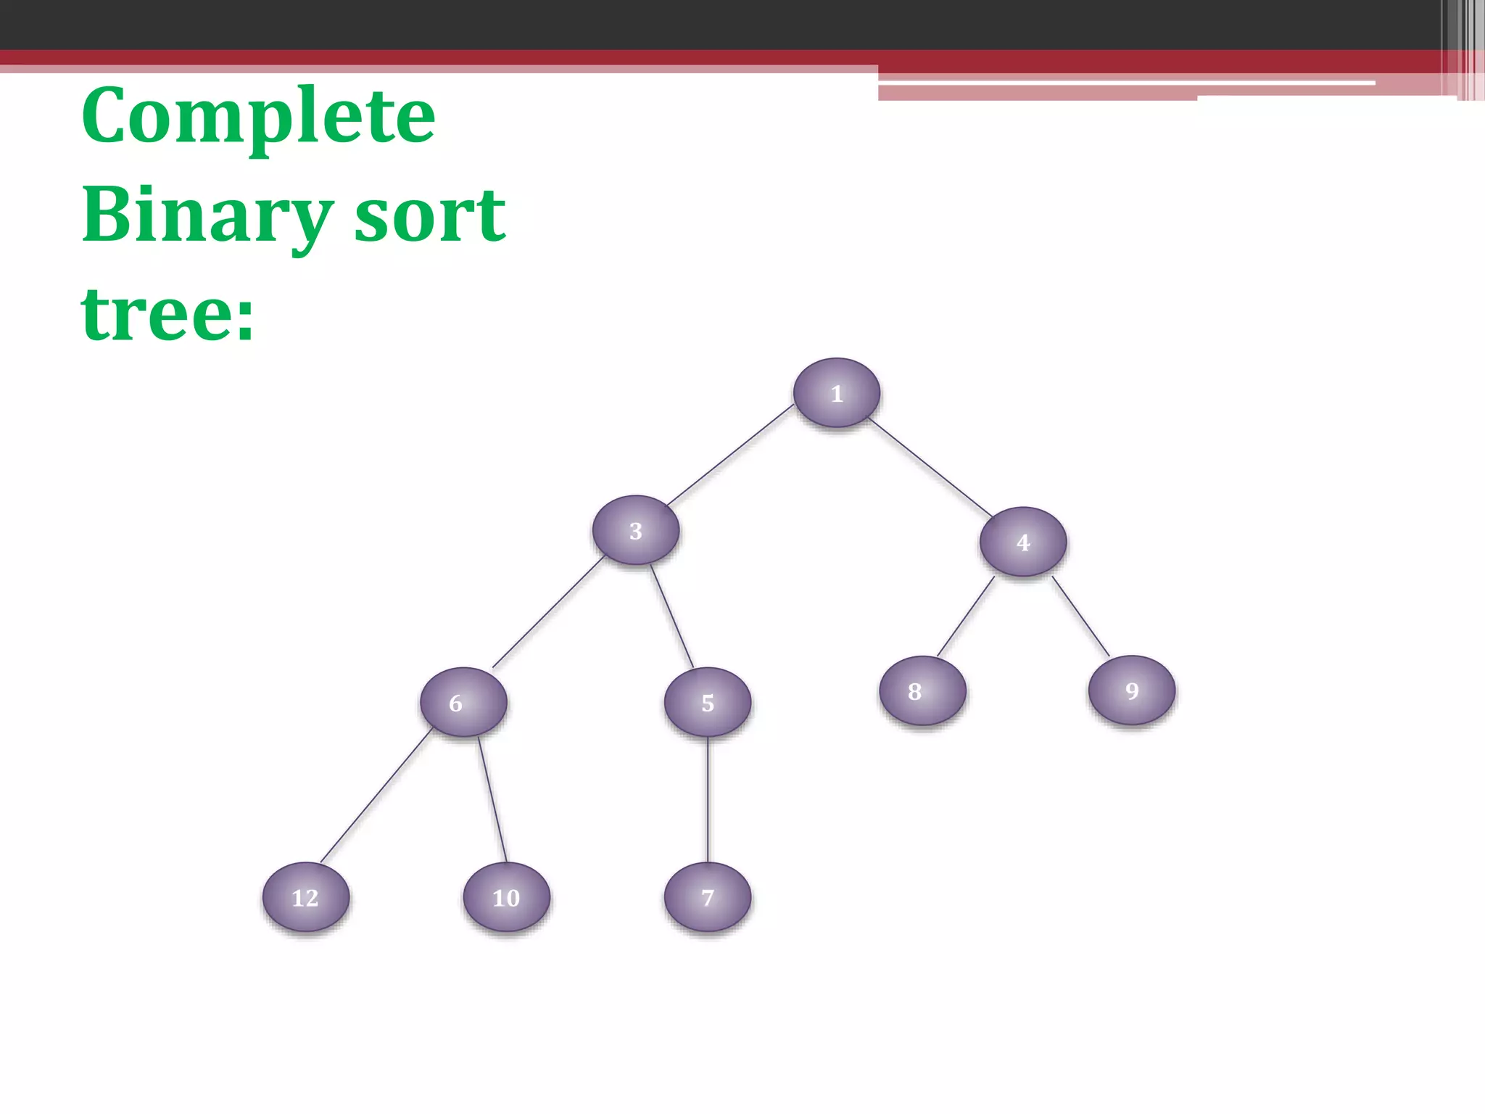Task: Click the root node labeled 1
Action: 837,392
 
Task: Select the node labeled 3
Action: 636,530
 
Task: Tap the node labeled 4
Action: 1023,542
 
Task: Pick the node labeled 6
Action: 463,702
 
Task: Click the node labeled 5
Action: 708,702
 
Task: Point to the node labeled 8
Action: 922,690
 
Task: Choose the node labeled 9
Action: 1132,690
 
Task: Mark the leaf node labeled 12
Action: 305,897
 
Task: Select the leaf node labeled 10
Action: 506,897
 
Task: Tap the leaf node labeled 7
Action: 708,897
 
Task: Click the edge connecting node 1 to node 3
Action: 731,454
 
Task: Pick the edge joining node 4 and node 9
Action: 1080,616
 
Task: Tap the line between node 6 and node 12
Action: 376,796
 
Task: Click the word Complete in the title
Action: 259,116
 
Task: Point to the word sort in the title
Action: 430,216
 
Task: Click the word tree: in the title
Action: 168,315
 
